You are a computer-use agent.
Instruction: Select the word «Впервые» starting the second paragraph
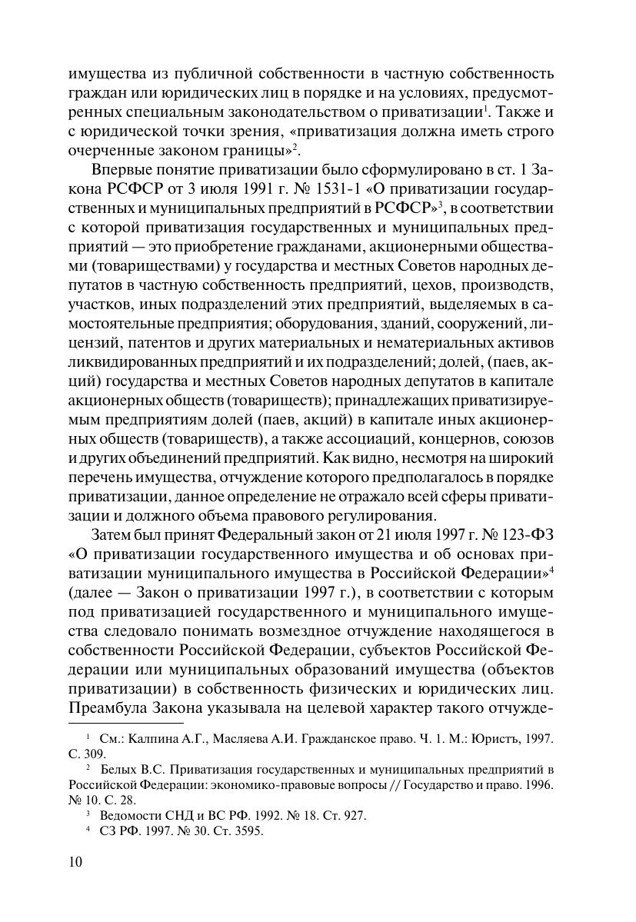pyautogui.click(x=122, y=171)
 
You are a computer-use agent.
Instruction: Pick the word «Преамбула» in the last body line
pyautogui.click(x=105, y=706)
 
